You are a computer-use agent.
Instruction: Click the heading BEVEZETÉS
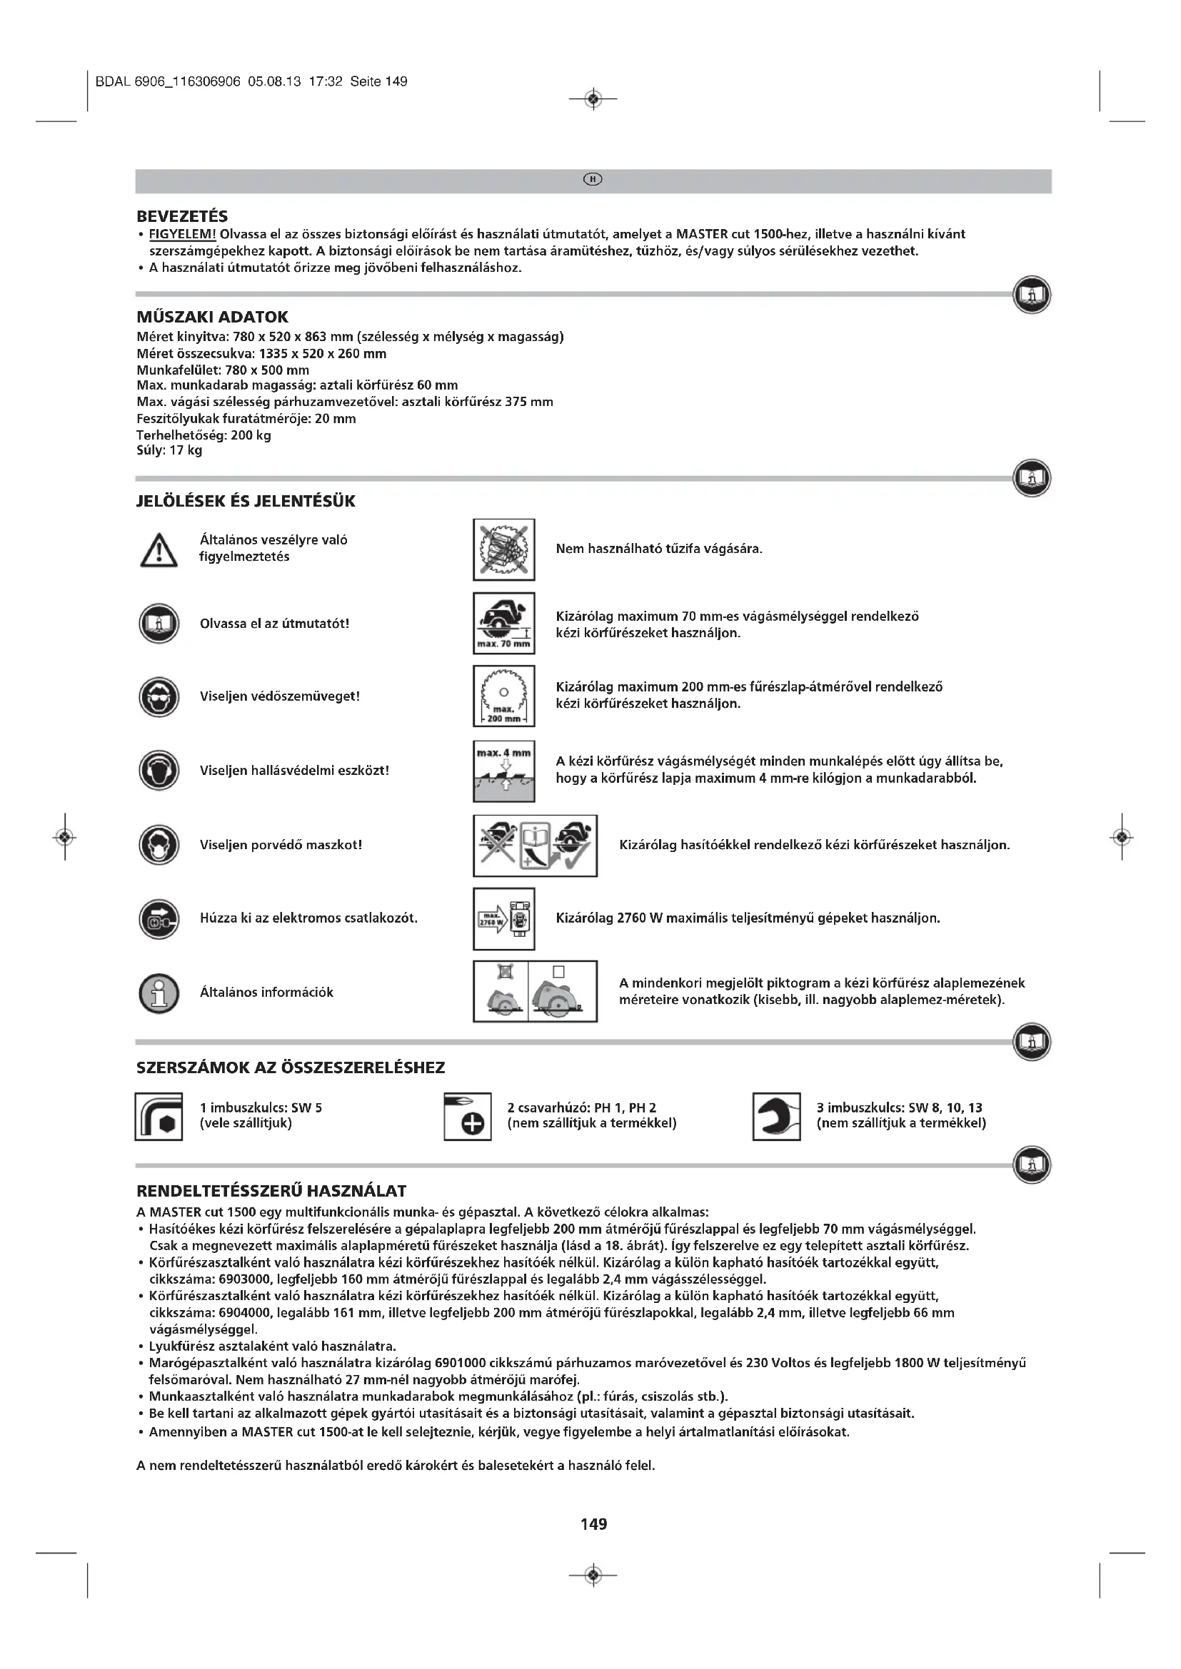click(182, 216)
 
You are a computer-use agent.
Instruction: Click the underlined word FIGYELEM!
click(183, 234)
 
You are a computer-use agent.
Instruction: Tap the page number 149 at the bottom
click(593, 1523)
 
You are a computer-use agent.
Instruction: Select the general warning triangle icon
click(159, 549)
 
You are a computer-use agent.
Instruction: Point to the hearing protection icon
click(159, 771)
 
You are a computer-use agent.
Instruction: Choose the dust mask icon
click(159, 845)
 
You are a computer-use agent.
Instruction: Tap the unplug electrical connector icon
click(159, 918)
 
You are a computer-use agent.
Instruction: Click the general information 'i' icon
click(159, 993)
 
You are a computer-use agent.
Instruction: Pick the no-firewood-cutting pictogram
click(504, 549)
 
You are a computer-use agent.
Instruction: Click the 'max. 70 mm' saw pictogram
click(504, 623)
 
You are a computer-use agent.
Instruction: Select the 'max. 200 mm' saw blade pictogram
click(504, 696)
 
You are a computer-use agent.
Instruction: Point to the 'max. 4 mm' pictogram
click(504, 771)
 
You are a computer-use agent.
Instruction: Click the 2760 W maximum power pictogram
click(504, 919)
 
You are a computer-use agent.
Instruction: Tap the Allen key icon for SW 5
click(159, 1116)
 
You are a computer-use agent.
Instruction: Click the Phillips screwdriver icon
click(468, 1117)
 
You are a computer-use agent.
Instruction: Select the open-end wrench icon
click(776, 1117)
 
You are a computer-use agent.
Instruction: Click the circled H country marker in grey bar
click(593, 180)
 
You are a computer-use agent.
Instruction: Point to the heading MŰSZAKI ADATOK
click(212, 317)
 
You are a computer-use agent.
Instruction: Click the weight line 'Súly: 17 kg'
click(169, 451)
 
